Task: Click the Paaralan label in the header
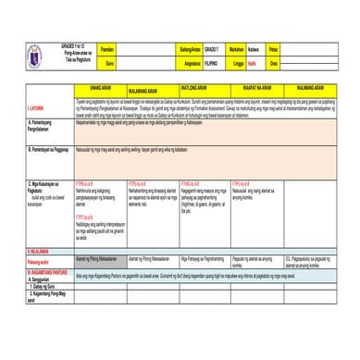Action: pos(106,49)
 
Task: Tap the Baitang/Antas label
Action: pos(190,49)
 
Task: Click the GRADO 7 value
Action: pos(212,49)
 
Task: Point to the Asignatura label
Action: pos(191,63)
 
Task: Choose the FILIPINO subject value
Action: pos(212,63)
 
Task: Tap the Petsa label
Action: pos(273,49)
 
